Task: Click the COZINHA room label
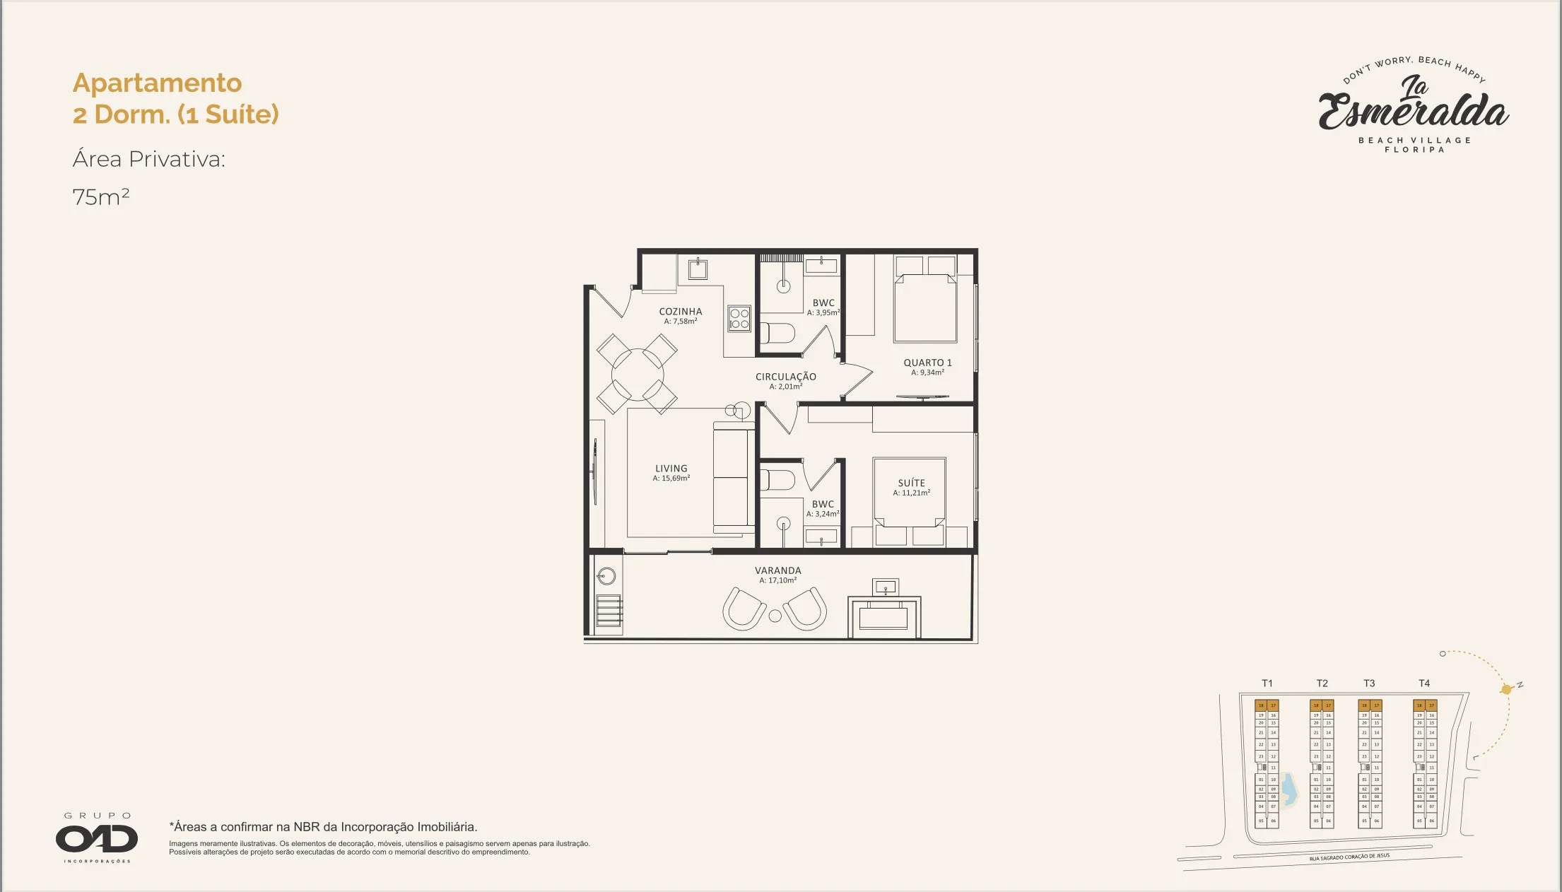click(681, 312)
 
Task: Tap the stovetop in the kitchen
click(739, 319)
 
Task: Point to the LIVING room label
click(671, 469)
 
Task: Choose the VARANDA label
click(777, 570)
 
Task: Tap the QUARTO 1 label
click(927, 363)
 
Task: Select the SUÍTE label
click(911, 483)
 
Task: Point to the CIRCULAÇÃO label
click(785, 377)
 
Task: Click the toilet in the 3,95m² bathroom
click(778, 333)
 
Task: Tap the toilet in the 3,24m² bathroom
click(777, 479)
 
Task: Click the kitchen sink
click(698, 269)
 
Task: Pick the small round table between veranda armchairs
click(775, 616)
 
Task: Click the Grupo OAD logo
click(97, 838)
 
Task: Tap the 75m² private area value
click(101, 196)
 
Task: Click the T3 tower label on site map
click(1369, 683)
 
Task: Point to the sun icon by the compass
click(1506, 689)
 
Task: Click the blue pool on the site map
click(1289, 790)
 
